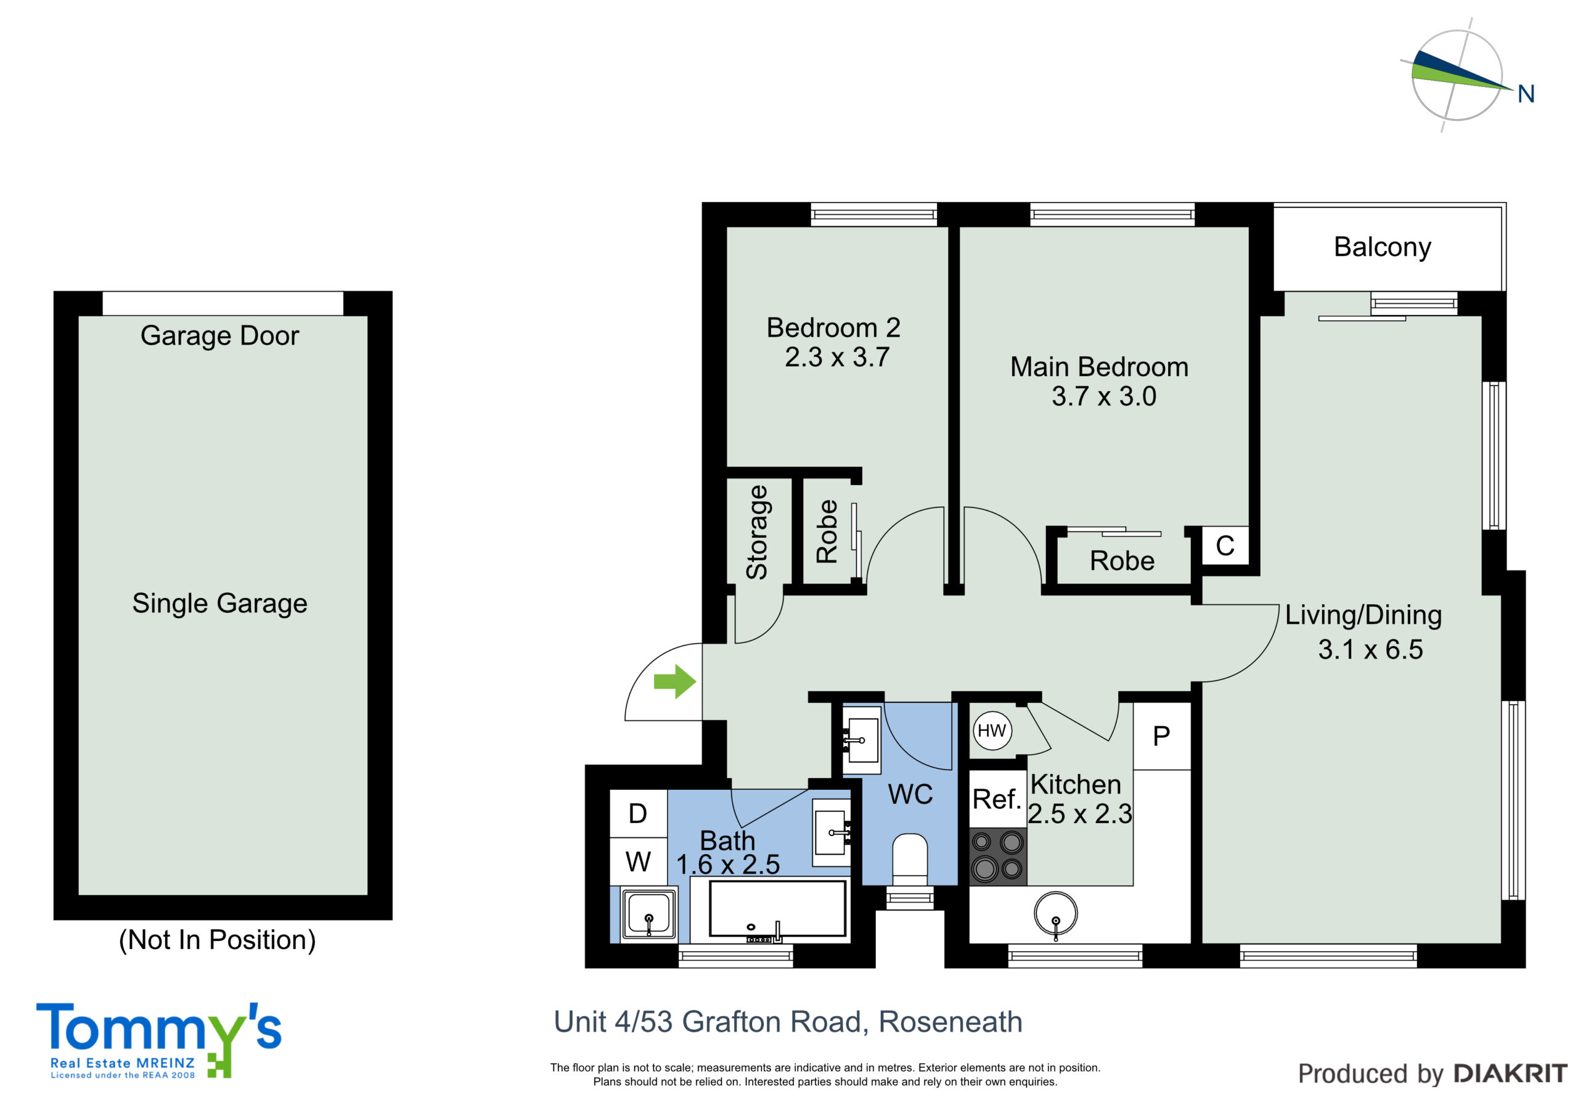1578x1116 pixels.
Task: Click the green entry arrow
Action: pos(675,681)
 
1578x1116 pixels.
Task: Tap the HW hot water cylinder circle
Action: pos(992,730)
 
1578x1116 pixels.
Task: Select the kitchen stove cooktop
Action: pos(997,856)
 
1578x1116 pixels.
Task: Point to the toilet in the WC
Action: pos(909,860)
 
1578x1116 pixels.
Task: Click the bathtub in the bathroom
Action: pos(777,908)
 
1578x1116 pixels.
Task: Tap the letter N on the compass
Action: pos(1526,94)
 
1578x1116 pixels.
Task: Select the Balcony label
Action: pos(1382,247)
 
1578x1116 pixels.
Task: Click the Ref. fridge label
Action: pos(997,799)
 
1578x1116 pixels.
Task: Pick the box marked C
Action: pos(1225,546)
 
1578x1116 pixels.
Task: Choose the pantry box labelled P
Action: pos(1161,736)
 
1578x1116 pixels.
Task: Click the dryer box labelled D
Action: pos(639,813)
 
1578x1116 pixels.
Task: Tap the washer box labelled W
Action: pos(639,861)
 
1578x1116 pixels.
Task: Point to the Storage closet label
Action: pos(757,532)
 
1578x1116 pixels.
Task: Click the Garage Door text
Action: pos(220,335)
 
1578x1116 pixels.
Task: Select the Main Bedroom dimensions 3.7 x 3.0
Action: pos(1104,396)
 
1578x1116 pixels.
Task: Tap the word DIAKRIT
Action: pos(1511,1073)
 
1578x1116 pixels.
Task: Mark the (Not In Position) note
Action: pos(217,940)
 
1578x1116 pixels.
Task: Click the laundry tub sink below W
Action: pos(649,914)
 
